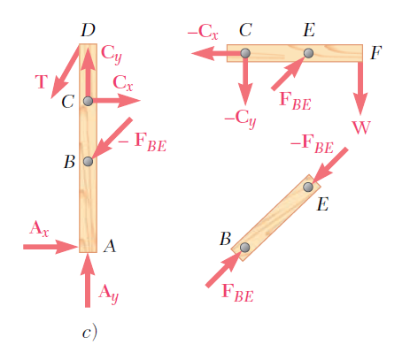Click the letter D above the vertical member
pos(89,30)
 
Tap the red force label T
pos(42,81)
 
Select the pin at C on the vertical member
pos(88,101)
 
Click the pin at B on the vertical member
pos(88,162)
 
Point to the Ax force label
pos(39,229)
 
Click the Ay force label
pos(109,294)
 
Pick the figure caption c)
pos(89,333)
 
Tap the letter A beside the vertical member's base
pos(110,246)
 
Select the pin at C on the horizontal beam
pos(245,53)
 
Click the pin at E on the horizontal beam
pos(308,53)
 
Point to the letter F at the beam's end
pos(376,53)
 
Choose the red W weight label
pos(361,127)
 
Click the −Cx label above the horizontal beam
pos(203,32)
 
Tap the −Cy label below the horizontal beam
pos(240,119)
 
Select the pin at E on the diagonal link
pos(308,187)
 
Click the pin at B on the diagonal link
pos(244,248)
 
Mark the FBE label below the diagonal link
pos(237,293)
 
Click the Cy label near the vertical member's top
pos(112,55)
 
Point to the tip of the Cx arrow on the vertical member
pos(140,101)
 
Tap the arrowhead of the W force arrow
pos(360,114)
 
